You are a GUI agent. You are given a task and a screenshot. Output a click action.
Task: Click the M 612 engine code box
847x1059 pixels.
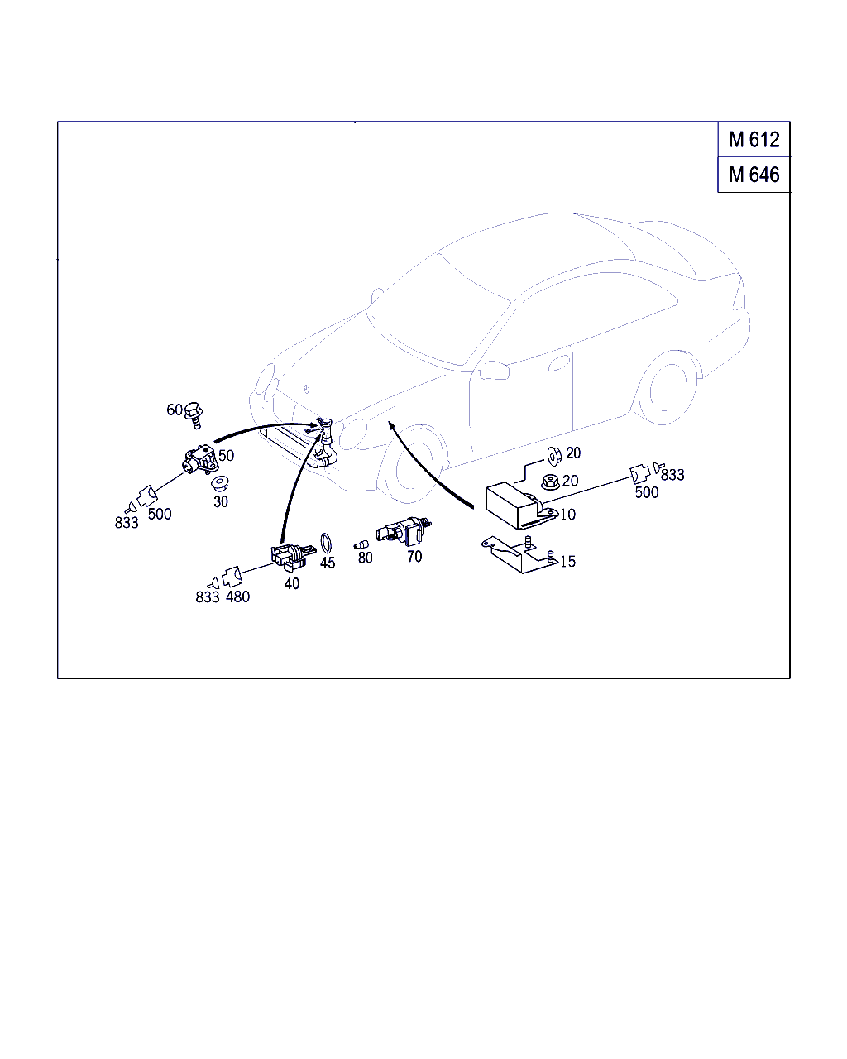(754, 139)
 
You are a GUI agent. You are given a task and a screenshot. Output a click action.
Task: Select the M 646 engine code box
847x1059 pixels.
(754, 175)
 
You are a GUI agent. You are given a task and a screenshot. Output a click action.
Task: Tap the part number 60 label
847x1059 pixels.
(175, 410)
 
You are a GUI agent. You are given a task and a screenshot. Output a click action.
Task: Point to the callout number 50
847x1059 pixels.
(226, 455)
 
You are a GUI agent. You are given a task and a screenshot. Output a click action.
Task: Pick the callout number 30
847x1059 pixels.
(221, 501)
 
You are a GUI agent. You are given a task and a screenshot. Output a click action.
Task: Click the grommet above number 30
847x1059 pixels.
(219, 483)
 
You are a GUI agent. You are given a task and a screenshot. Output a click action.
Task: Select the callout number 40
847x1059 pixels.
(292, 583)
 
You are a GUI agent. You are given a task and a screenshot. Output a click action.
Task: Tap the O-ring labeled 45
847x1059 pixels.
(326, 544)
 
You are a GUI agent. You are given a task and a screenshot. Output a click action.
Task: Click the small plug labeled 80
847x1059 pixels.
(361, 544)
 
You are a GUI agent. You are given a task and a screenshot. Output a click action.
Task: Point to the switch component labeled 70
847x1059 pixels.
(403, 531)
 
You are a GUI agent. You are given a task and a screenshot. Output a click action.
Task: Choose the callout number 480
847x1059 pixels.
(237, 597)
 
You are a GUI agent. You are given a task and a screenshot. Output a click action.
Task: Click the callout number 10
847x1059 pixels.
(567, 515)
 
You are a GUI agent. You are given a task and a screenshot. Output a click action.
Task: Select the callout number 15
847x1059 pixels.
(567, 561)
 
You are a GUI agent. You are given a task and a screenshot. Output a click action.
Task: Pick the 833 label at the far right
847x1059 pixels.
(672, 475)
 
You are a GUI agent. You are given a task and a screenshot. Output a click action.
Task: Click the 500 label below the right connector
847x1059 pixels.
(646, 492)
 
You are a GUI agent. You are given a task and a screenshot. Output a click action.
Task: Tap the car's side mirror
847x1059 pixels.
(494, 370)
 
